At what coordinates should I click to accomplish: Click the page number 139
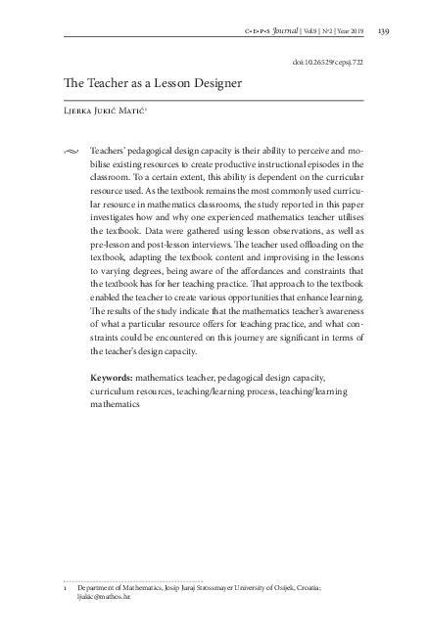(384, 32)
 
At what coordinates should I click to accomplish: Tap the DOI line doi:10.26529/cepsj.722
(328, 61)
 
